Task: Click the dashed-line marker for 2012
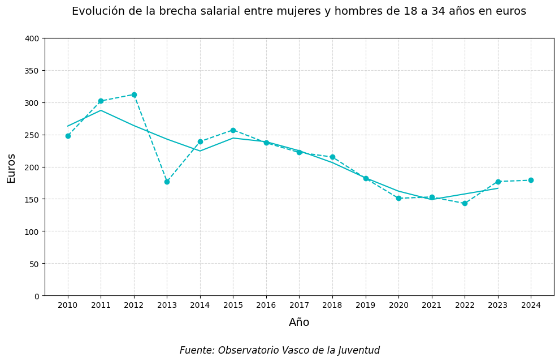[134, 95]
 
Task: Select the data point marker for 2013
[167, 182]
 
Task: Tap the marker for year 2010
[68, 136]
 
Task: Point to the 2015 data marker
[233, 130]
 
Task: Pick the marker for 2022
[465, 203]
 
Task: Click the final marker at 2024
[531, 180]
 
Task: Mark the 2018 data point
[332, 157]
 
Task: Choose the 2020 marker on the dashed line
[398, 198]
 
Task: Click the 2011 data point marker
[101, 101]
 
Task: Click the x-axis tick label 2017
[299, 305]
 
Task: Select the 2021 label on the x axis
[432, 305]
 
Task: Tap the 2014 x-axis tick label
[200, 305]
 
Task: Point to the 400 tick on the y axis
[33, 38]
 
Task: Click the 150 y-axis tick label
[33, 199]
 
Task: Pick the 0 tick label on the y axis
[37, 296]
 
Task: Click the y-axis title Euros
[11, 167]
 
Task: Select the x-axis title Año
[299, 323]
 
